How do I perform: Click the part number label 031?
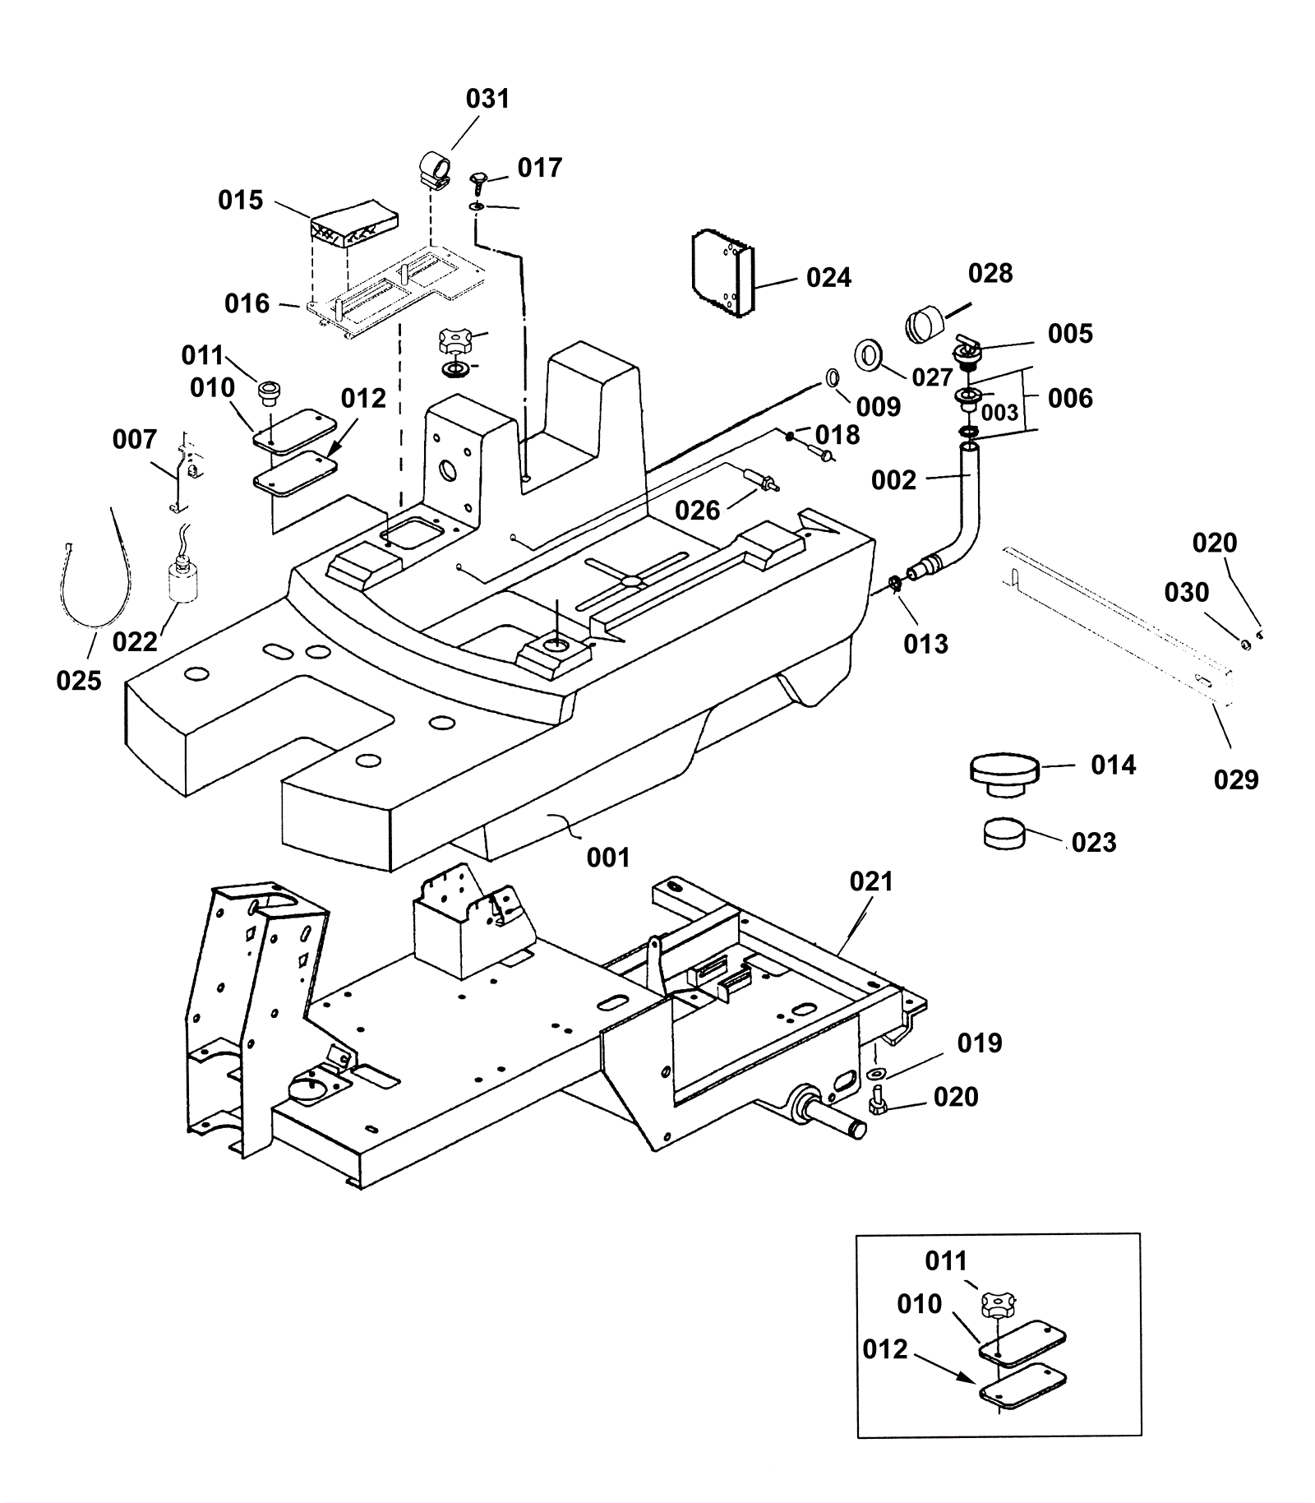point(487,99)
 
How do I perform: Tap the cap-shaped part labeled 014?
point(1004,774)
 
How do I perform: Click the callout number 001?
point(608,858)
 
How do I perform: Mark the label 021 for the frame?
point(870,881)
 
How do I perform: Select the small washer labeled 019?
point(874,1074)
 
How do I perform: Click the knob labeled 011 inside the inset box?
point(997,1304)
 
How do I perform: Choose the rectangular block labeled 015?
point(354,223)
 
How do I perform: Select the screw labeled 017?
point(478,182)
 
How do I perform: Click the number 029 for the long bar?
point(1235,779)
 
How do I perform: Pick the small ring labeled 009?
point(833,378)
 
